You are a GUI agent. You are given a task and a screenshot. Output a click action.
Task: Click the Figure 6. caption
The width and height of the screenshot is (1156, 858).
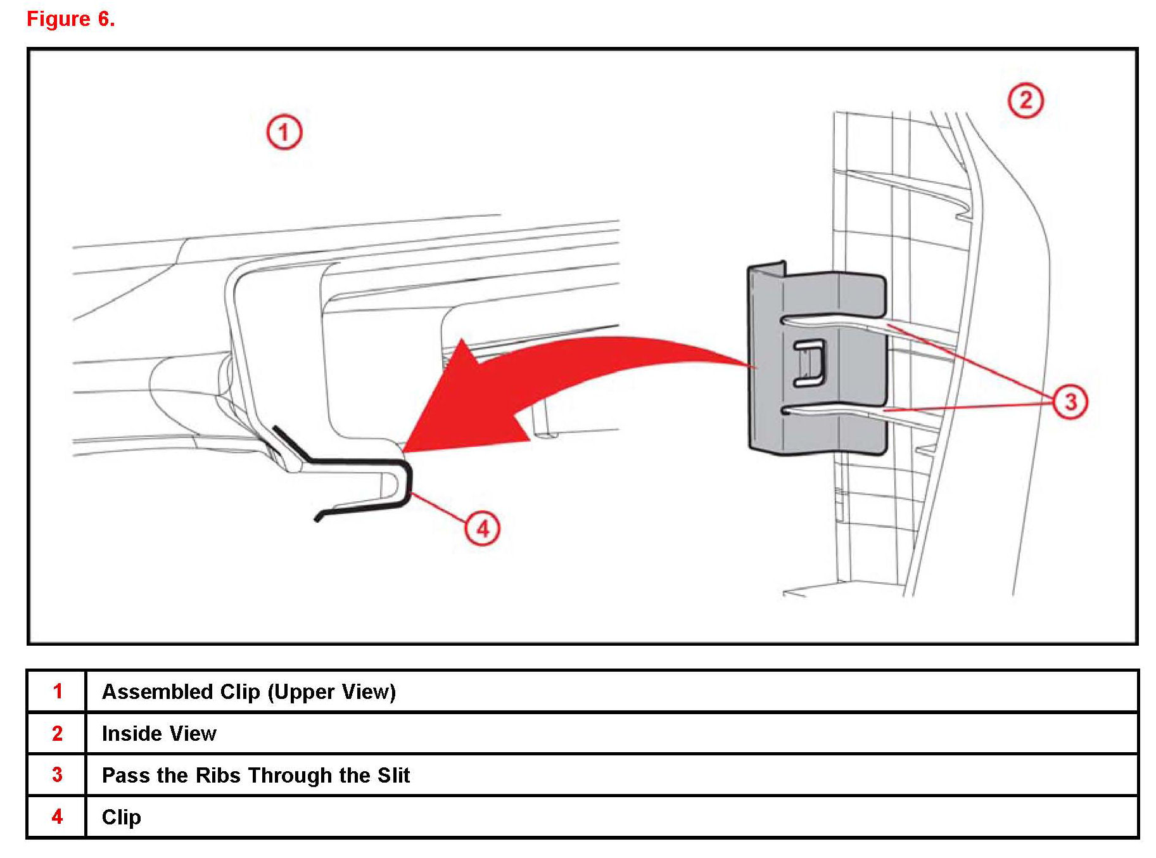pos(70,19)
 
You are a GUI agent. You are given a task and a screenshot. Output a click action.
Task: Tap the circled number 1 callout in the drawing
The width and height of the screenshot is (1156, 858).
pos(284,132)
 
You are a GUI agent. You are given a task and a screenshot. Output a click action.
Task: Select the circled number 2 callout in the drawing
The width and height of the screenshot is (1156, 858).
pos(1025,100)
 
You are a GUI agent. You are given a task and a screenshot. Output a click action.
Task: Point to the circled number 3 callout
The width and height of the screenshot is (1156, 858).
pos(1070,401)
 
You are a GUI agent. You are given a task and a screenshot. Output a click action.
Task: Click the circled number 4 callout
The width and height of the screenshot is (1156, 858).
pos(483,528)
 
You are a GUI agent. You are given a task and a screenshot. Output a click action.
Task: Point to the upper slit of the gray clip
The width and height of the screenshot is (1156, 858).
pos(830,321)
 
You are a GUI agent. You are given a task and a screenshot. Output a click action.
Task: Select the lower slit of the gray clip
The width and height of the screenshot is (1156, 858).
pos(830,410)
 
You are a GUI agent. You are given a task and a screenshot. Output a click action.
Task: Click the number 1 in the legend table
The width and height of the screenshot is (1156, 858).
pos(57,691)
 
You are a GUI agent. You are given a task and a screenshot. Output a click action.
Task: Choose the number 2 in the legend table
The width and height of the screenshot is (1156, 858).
pos(57,733)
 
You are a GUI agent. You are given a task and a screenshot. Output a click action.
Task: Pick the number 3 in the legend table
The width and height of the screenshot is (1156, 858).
pos(57,774)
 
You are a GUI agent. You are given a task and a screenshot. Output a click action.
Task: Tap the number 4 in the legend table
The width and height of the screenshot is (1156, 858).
pos(57,816)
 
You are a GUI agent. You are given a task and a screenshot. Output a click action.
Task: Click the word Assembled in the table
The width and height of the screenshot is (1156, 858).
pos(158,691)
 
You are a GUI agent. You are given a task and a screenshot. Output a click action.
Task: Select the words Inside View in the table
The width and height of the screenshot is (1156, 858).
pos(159,733)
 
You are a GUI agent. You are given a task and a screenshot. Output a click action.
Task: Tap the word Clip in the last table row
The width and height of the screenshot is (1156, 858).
pos(121,817)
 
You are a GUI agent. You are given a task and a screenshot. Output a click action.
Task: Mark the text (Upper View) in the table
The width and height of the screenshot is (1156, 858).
pos(331,691)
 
